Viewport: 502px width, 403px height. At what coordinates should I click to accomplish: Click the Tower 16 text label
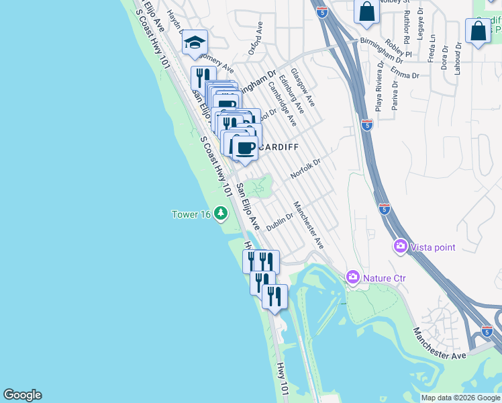click(x=191, y=214)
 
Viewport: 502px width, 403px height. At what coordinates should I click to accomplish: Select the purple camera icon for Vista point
click(x=401, y=247)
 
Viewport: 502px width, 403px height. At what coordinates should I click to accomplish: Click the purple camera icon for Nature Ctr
click(x=353, y=277)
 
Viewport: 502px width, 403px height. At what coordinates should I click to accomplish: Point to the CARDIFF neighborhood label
click(x=277, y=146)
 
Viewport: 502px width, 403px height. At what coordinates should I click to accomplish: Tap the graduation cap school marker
click(x=195, y=42)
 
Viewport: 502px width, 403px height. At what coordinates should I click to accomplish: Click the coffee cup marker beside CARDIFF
click(x=245, y=147)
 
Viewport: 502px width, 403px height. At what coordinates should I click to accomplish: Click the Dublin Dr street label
click(x=280, y=223)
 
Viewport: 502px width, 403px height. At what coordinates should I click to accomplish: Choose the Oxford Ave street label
click(x=255, y=38)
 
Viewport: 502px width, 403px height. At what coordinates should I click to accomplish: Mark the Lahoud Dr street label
click(x=458, y=58)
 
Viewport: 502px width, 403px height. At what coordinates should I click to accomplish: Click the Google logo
click(x=22, y=395)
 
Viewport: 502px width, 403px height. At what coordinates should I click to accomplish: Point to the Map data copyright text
click(x=460, y=398)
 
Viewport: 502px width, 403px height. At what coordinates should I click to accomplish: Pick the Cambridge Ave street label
click(x=282, y=104)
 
